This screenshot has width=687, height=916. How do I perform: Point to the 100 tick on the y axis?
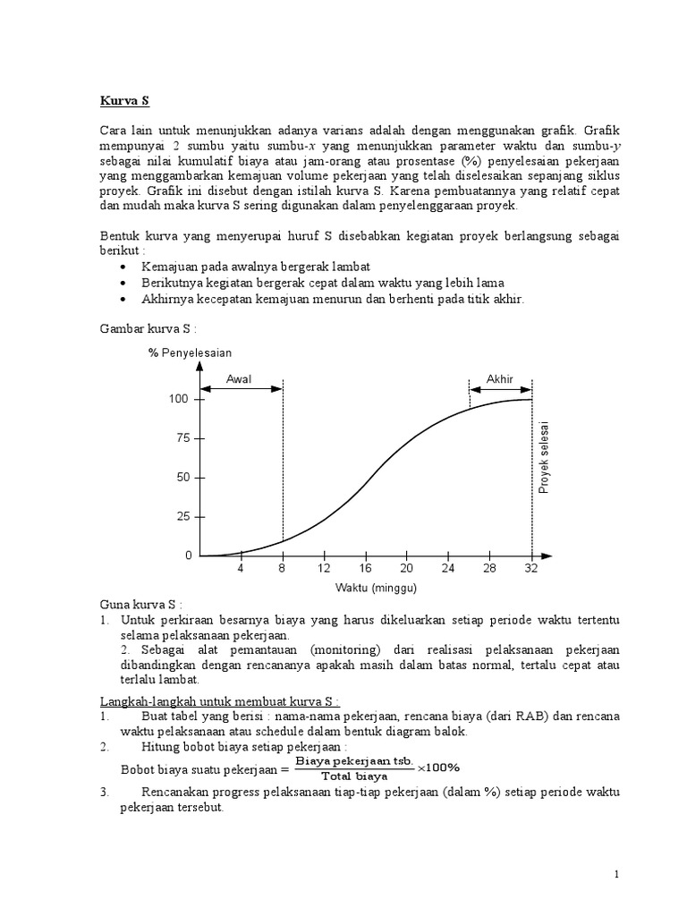[x=180, y=399]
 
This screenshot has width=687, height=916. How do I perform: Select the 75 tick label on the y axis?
[x=183, y=438]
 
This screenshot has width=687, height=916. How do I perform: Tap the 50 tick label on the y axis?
[x=183, y=478]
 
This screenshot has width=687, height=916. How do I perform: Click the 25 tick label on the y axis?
[x=183, y=517]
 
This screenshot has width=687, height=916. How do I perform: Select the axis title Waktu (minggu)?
[x=377, y=588]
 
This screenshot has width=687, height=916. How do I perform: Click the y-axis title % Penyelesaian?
[x=191, y=352]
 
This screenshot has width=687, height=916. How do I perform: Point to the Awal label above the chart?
[x=239, y=379]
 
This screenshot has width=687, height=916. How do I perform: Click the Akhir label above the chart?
[x=499, y=379]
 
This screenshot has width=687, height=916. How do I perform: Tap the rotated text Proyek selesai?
[x=544, y=456]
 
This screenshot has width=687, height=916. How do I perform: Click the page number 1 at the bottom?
[x=617, y=874]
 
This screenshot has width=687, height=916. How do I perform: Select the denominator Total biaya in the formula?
[x=355, y=776]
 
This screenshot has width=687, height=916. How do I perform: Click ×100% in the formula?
[x=438, y=768]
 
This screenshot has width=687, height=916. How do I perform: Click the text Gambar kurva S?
[x=147, y=329]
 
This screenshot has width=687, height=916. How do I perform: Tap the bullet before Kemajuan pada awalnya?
[x=123, y=267]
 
